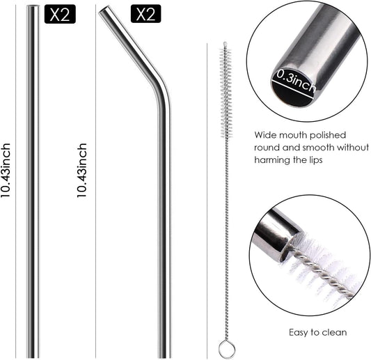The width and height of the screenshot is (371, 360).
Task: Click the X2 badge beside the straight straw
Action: pyautogui.click(x=60, y=15)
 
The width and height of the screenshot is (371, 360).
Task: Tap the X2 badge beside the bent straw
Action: pyautogui.click(x=145, y=15)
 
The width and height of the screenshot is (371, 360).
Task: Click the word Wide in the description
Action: pyautogui.click(x=265, y=134)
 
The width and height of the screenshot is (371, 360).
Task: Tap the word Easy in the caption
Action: pyautogui.click(x=299, y=333)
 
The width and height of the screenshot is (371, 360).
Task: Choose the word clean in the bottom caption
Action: pyautogui.click(x=335, y=333)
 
